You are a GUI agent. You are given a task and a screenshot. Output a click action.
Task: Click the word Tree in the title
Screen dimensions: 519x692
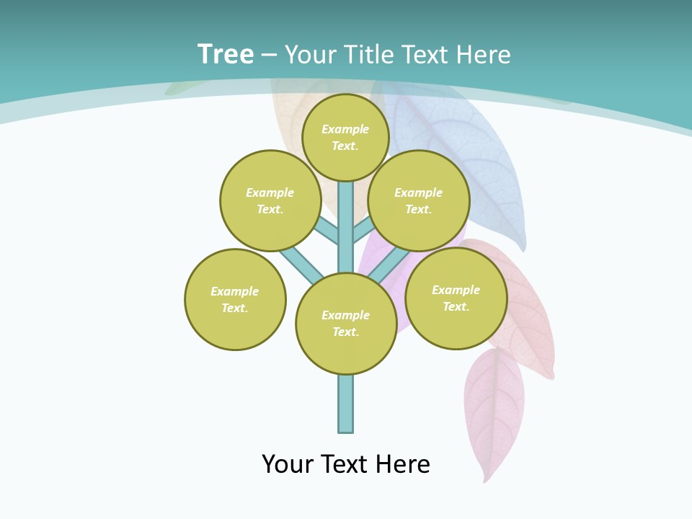pos(226,55)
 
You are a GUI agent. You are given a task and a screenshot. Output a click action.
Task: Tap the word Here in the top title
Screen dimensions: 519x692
pos(483,55)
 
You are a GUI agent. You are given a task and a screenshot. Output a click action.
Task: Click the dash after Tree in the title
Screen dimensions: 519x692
pos(269,56)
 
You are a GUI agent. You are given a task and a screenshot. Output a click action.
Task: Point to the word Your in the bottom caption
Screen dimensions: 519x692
pos(288,464)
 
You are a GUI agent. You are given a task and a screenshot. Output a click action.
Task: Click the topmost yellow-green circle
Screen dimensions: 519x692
pos(345,138)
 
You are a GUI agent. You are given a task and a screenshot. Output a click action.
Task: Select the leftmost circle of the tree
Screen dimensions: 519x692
pos(235,299)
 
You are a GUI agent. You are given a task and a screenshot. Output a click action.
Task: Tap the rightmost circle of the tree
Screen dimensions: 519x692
pos(456,298)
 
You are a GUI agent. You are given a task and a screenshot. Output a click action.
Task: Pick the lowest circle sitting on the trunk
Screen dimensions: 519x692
pos(346,324)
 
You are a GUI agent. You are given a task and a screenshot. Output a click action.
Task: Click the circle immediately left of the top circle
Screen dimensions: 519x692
pos(270,201)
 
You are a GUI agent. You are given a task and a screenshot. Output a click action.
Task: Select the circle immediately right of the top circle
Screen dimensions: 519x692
pos(419,201)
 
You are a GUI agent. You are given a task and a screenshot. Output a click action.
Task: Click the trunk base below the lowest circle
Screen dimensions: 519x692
pos(346,404)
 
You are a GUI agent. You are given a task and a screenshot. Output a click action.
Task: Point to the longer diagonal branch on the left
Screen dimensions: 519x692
pos(302,265)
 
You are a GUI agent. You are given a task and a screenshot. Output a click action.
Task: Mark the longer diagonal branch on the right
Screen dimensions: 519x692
pos(388,265)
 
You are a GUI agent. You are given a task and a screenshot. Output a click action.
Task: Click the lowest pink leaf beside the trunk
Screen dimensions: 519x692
pos(494,411)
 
